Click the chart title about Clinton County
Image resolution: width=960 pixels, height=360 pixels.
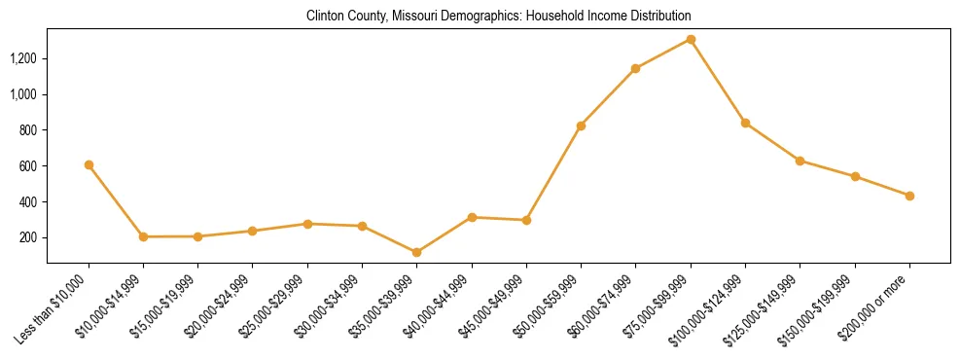tap(498, 17)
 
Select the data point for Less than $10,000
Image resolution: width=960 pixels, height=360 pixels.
tap(89, 165)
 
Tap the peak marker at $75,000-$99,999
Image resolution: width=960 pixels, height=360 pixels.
tap(691, 39)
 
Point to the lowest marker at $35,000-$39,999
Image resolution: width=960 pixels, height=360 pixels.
tap(416, 252)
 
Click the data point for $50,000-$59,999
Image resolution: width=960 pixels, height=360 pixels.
tap(581, 126)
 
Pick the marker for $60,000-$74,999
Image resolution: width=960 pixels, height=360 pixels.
tap(635, 68)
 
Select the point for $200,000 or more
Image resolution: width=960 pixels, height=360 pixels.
tap(909, 196)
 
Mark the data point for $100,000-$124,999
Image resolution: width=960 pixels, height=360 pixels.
tap(745, 123)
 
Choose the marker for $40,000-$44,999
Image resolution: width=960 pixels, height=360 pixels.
tap(472, 217)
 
